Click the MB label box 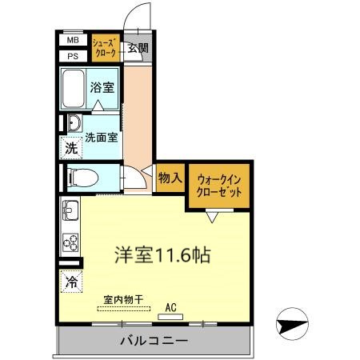[x=73, y=39]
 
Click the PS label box [x=73, y=55]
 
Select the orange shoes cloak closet [x=106, y=47]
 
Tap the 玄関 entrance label [x=138, y=48]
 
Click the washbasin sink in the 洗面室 [x=73, y=123]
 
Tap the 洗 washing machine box [x=72, y=148]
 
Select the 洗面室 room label [x=102, y=137]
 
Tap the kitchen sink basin [x=70, y=213]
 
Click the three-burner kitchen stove [x=70, y=241]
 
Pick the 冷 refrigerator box [x=72, y=282]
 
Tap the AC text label [x=170, y=306]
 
